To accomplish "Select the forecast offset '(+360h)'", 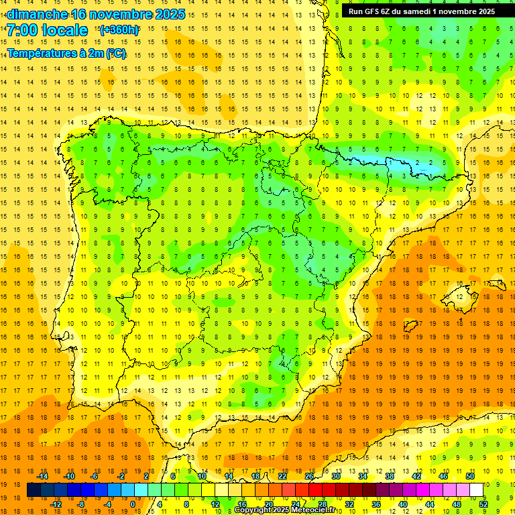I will click(119, 30).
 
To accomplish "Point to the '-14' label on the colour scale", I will click(43, 476).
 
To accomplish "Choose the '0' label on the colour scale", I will click(132, 504).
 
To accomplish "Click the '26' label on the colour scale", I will click(309, 476).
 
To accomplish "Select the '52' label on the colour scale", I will click(483, 504).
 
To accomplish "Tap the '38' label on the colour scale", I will click(389, 476).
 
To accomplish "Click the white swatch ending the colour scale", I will click(476, 490).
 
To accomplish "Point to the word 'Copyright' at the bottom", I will click(255, 511).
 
